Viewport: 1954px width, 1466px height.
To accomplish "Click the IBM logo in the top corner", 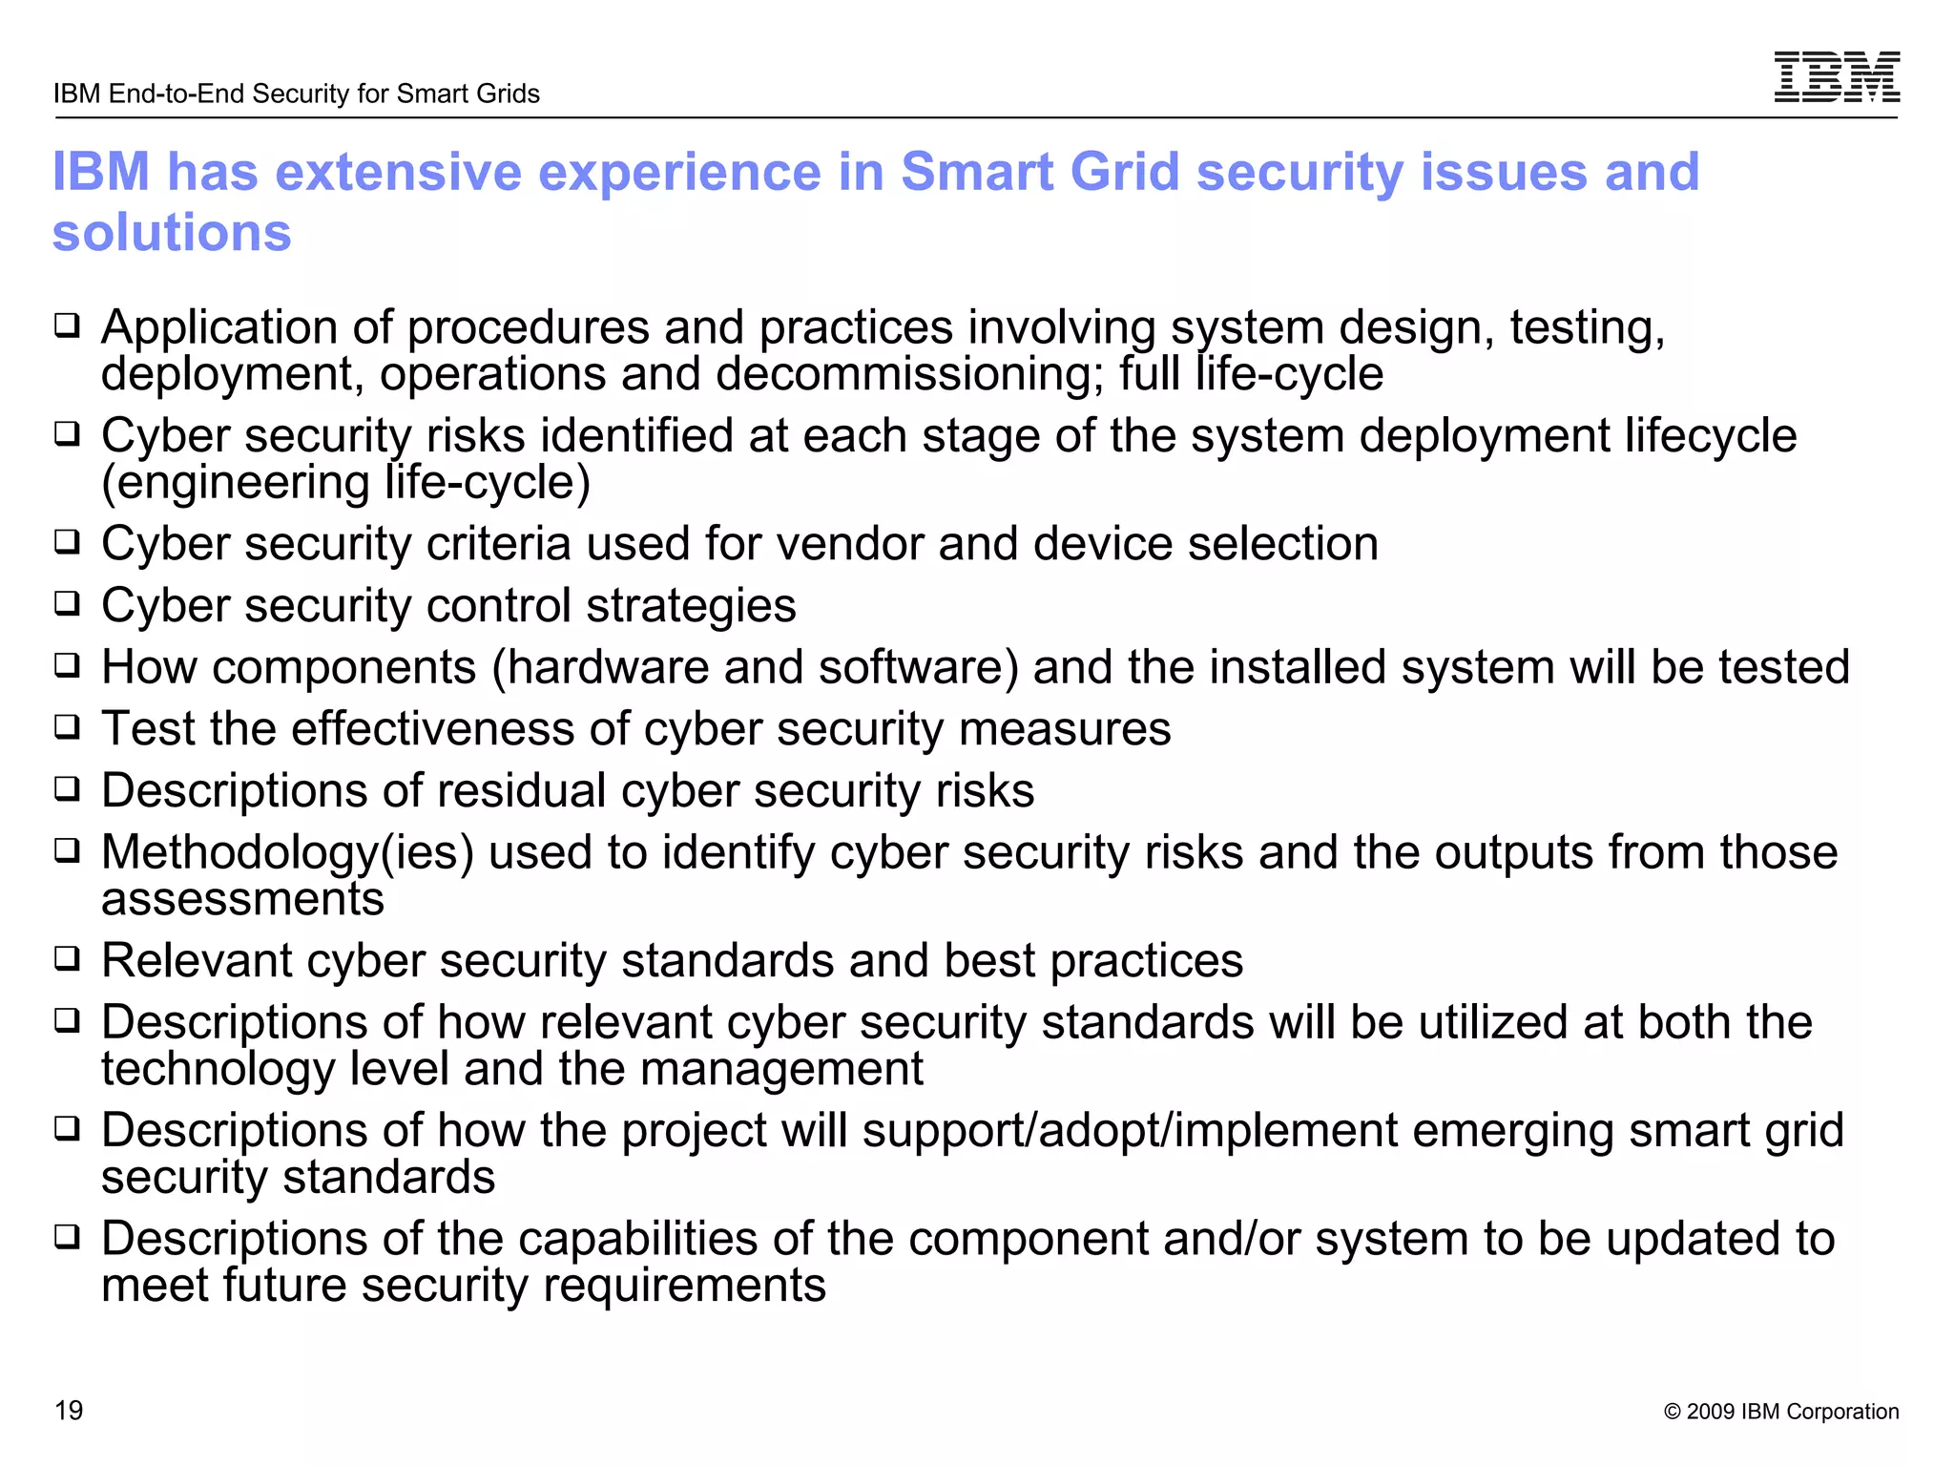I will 1836,77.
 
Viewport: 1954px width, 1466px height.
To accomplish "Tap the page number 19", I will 69,1410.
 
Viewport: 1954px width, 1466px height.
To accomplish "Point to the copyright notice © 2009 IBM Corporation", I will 1780,1412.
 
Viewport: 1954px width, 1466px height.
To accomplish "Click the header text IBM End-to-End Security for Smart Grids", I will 297,94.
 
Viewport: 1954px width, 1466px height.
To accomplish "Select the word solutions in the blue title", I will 172,233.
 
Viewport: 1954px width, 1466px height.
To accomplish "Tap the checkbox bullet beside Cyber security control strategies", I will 67,604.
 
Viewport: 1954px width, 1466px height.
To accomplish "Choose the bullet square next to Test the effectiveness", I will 67,728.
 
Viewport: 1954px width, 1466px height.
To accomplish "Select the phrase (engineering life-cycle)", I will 346,482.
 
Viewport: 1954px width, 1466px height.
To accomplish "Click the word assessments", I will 242,899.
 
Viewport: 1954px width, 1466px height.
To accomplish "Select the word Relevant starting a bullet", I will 197,960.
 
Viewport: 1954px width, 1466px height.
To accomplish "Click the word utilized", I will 1493,1022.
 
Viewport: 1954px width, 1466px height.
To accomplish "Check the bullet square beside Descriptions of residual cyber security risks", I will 67,790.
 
